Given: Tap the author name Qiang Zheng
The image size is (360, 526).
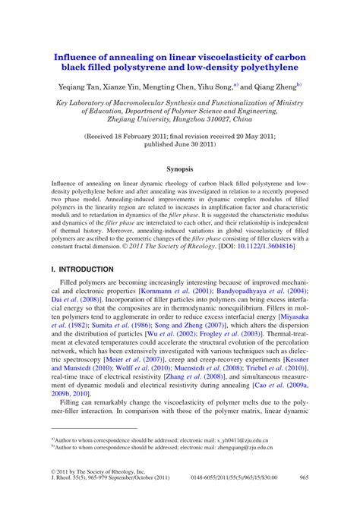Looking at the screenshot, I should tap(276, 87).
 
